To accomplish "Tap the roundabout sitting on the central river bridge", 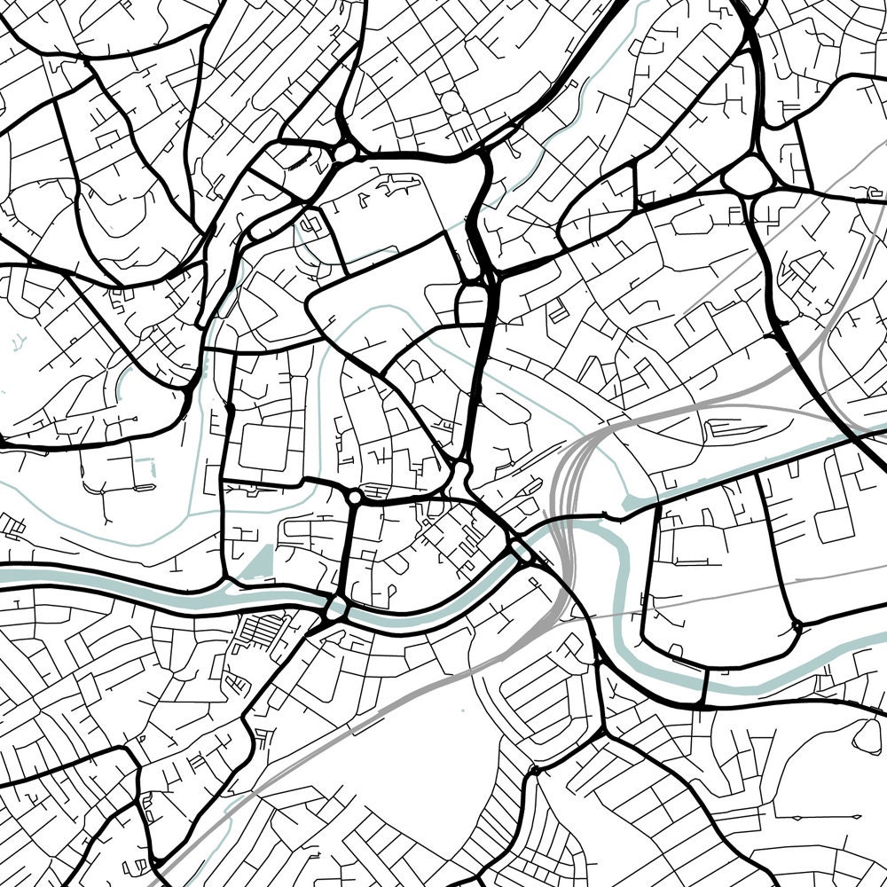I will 336,609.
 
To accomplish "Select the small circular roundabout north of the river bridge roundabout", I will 355,498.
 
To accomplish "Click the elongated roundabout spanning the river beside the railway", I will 521,553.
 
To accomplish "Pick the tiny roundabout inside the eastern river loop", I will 796,626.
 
